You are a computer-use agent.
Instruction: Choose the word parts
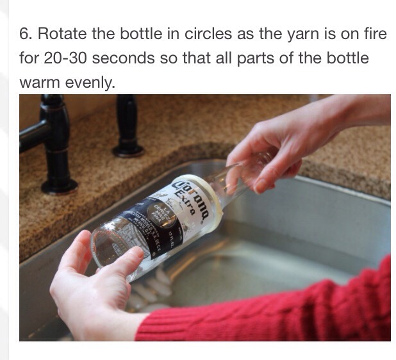[x=261, y=58]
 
